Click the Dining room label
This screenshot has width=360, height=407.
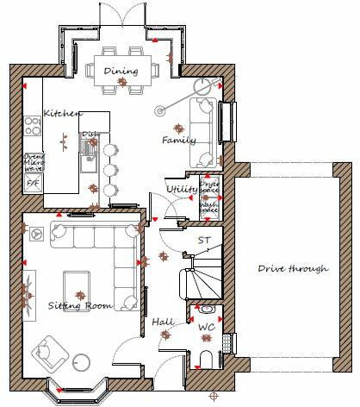pos(121,71)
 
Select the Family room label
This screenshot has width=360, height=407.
pos(179,140)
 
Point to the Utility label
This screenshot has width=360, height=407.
pos(183,188)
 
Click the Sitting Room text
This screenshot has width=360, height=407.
pos(79,305)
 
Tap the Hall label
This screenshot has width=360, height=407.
pos(163,322)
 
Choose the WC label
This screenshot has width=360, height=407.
pos(208,329)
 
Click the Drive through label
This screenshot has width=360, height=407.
pos(293,268)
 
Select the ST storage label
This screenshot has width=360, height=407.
pos(204,241)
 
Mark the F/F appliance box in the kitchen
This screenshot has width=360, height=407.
pos(33,184)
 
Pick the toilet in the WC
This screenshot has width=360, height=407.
pos(207,359)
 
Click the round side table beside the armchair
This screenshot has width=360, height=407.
pos(82,362)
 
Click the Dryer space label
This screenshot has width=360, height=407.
pos(209,185)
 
